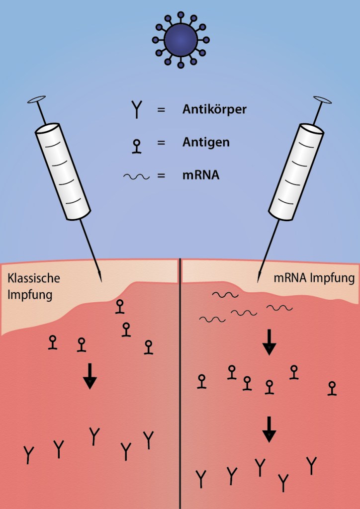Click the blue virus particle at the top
click(x=180, y=39)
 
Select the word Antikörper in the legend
click(x=214, y=109)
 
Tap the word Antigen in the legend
click(x=206, y=143)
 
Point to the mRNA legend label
click(x=201, y=175)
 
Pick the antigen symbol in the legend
click(x=136, y=145)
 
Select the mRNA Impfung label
click(x=314, y=278)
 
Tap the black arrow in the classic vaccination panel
click(x=90, y=376)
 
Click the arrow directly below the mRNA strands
click(x=269, y=342)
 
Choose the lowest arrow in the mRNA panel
click(x=269, y=429)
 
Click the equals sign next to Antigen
click(x=161, y=143)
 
